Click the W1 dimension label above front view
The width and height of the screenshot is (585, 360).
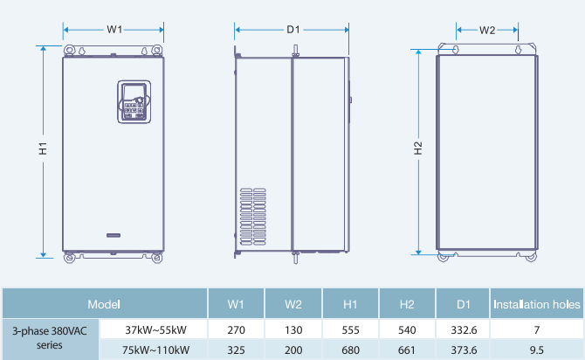tap(114, 30)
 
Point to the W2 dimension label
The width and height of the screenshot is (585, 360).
tap(488, 30)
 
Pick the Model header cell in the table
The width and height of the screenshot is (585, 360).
tap(104, 304)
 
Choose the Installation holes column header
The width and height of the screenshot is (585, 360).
tap(537, 304)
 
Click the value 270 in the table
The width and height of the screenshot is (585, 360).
tap(236, 330)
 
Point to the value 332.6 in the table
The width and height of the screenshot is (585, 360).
tap(464, 330)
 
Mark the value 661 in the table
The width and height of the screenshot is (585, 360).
tap(407, 350)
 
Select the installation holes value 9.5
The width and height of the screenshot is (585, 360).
tap(537, 350)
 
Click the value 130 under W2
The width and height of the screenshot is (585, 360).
tap(293, 330)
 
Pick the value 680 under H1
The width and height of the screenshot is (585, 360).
tap(350, 350)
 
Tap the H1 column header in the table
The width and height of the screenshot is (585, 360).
tap(350, 304)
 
